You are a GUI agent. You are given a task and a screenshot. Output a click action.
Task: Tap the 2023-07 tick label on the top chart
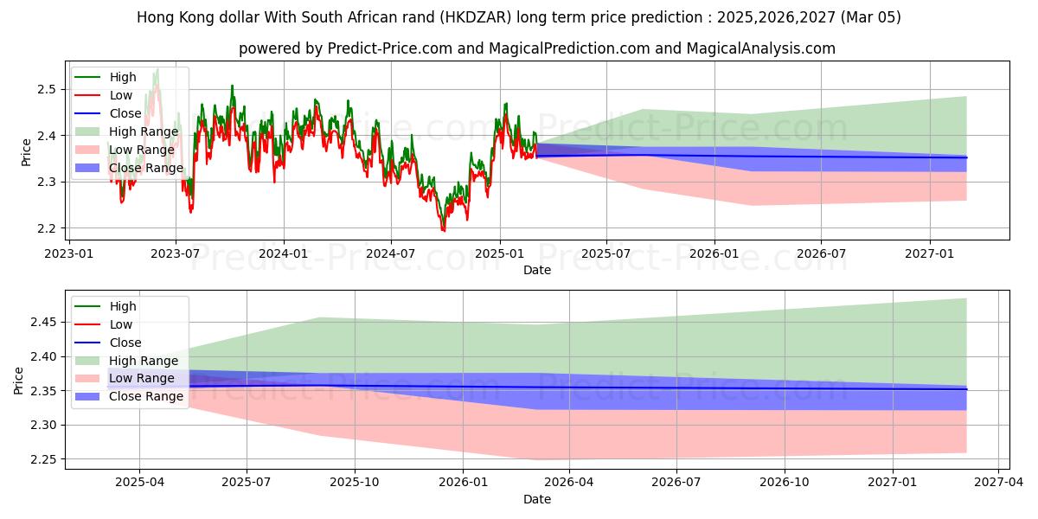176,253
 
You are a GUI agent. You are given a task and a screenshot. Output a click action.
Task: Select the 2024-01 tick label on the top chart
284,253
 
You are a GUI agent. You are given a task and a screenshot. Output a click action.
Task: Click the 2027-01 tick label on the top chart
930,253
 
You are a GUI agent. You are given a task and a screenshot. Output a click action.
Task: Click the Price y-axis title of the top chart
26,152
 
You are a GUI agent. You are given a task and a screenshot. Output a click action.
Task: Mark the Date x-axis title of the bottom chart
536,499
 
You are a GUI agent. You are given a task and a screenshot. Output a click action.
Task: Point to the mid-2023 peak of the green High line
157,68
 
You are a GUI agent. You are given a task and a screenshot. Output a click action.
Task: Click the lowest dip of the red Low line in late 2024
444,231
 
